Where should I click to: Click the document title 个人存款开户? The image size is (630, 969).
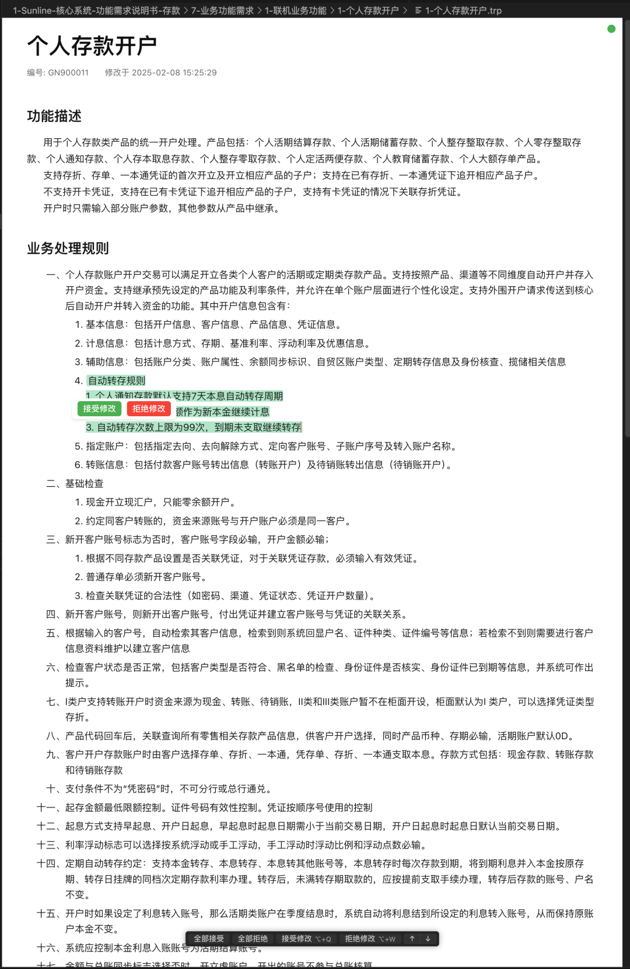tap(92, 46)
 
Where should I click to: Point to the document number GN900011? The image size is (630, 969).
tap(68, 73)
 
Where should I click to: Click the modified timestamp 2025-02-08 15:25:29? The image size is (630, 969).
tap(174, 73)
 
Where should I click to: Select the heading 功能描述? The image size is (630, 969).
tap(54, 116)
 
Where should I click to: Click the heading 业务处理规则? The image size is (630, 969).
tap(68, 248)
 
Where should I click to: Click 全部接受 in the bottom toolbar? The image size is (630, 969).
tap(209, 939)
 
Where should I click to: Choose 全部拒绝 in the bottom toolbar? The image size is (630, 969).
tap(253, 939)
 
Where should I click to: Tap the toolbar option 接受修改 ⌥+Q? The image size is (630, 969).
tap(306, 939)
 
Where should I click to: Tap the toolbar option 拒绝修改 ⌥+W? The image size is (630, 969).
tap(370, 939)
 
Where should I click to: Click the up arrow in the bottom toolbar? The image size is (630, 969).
tap(412, 939)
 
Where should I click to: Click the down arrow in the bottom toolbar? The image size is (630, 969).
tap(428, 939)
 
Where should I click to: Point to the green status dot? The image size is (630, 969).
tap(611, 29)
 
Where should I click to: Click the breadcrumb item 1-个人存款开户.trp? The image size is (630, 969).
tap(463, 10)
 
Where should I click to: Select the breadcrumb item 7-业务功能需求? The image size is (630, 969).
tap(222, 10)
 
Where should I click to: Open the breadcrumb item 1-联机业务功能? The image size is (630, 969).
tap(296, 10)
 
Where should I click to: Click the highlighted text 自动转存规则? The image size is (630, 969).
tap(117, 381)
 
